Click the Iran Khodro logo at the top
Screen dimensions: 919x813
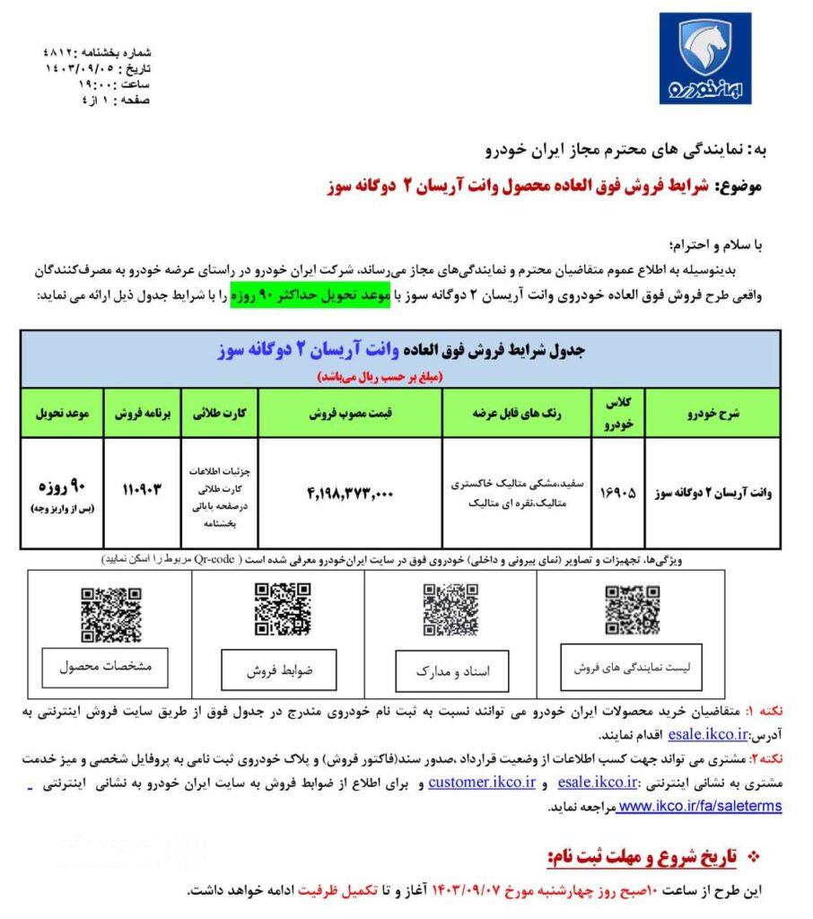[704, 58]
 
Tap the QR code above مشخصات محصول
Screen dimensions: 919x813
[111, 615]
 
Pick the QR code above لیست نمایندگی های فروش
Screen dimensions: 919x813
[632, 609]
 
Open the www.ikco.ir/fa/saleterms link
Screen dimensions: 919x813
[701, 806]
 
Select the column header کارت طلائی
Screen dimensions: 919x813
[220, 415]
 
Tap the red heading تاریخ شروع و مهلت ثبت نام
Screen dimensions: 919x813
[637, 856]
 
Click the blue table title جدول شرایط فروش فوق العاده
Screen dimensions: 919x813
[400, 352]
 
